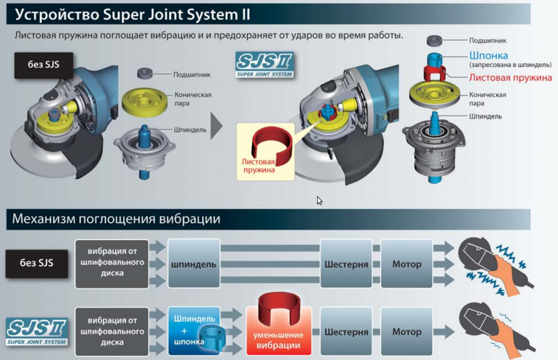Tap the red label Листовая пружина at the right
[510, 77]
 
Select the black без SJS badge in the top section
[36, 65]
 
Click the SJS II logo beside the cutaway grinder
[265, 65]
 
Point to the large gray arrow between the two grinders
[216, 126]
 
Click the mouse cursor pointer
[319, 200]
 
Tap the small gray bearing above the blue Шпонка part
[434, 40]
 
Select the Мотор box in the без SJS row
[407, 264]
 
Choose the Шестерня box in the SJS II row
[346, 332]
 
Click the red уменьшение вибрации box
[278, 332]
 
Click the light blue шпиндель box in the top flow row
[194, 264]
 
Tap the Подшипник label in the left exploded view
[192, 75]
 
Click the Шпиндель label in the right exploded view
[486, 116]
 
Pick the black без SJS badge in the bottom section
[37, 263]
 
